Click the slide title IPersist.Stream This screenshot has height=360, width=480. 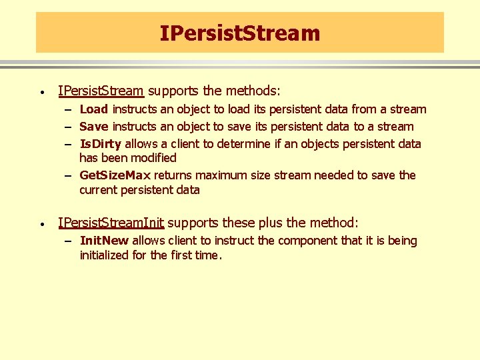[240, 33]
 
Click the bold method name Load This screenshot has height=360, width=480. [93, 109]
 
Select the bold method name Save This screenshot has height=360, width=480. [94, 127]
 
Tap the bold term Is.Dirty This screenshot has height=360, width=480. [100, 144]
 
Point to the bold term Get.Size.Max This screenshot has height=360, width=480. [115, 175]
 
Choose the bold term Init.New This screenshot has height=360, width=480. [104, 241]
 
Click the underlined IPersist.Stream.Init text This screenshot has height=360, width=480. [111, 223]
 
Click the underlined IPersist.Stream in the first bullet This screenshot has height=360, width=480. [101, 91]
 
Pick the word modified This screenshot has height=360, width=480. [154, 158]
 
